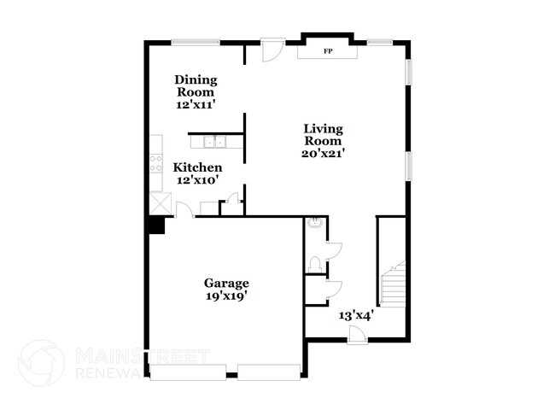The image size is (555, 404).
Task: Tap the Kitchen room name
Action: coord(197,167)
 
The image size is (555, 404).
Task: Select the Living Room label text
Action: coord(324,135)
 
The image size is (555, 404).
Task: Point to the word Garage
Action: coord(225,284)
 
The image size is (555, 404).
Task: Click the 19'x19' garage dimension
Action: coord(225,296)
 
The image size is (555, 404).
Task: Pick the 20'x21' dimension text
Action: coord(324,154)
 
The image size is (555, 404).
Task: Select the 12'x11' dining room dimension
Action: coord(196,103)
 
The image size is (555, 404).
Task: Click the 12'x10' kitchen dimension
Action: coord(197,180)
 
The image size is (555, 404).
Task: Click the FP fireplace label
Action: coord(327,52)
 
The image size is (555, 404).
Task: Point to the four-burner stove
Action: coord(156,162)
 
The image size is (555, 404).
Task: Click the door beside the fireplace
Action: coord(271,50)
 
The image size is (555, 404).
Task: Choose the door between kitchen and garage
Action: coord(184,208)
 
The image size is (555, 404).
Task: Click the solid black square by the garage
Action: coord(155,224)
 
